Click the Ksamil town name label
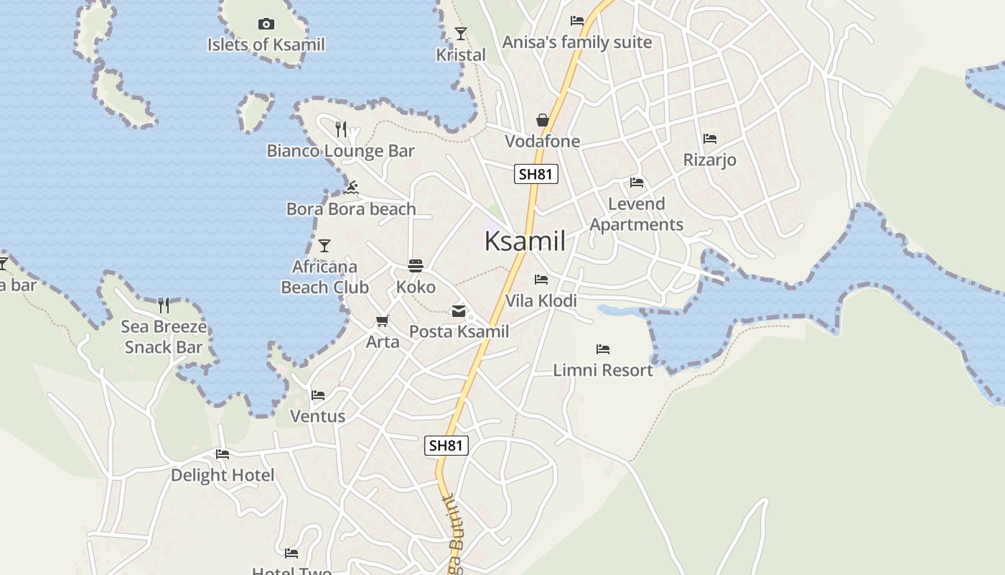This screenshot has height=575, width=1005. (525, 241)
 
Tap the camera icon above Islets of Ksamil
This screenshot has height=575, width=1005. (266, 24)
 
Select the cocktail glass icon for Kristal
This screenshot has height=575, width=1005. (461, 34)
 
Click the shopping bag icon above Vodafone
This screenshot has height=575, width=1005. (543, 120)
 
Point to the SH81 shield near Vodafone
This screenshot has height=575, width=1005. (536, 174)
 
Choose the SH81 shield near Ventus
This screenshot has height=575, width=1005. (447, 446)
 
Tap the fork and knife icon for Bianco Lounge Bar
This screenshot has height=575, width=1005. (341, 129)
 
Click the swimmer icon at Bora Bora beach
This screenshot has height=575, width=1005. (351, 188)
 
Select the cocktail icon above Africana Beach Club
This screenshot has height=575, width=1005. (324, 246)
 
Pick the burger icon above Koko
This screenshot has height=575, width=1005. (416, 266)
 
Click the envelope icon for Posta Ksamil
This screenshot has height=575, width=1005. (459, 311)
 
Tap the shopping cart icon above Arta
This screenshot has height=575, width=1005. (383, 321)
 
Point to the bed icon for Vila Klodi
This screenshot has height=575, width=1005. (541, 280)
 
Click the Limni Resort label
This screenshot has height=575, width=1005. (603, 370)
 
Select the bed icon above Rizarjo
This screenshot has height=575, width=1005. (710, 139)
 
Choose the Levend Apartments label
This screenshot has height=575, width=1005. (637, 214)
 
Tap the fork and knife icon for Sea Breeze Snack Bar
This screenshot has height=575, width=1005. (164, 305)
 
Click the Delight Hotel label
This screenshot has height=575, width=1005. (223, 475)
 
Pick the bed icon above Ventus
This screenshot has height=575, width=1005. (318, 395)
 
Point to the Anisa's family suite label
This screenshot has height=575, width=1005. (577, 42)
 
